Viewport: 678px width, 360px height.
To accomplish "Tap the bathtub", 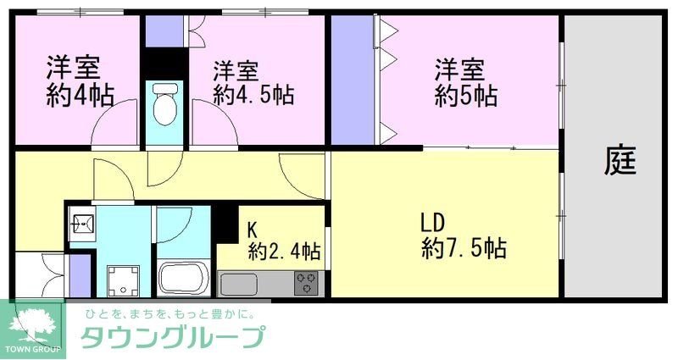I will [184, 277].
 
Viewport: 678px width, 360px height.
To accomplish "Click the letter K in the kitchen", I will [252, 229].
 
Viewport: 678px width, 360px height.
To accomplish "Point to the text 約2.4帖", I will [283, 251].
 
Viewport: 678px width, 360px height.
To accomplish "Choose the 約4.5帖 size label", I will [253, 95].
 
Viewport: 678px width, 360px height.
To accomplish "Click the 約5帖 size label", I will [465, 96].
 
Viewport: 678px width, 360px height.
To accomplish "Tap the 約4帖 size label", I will [80, 94].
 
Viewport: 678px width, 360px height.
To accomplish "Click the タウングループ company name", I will [170, 338].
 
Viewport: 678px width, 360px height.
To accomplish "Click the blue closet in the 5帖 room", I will [350, 80].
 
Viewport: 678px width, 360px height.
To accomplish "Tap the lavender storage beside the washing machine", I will [77, 274].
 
